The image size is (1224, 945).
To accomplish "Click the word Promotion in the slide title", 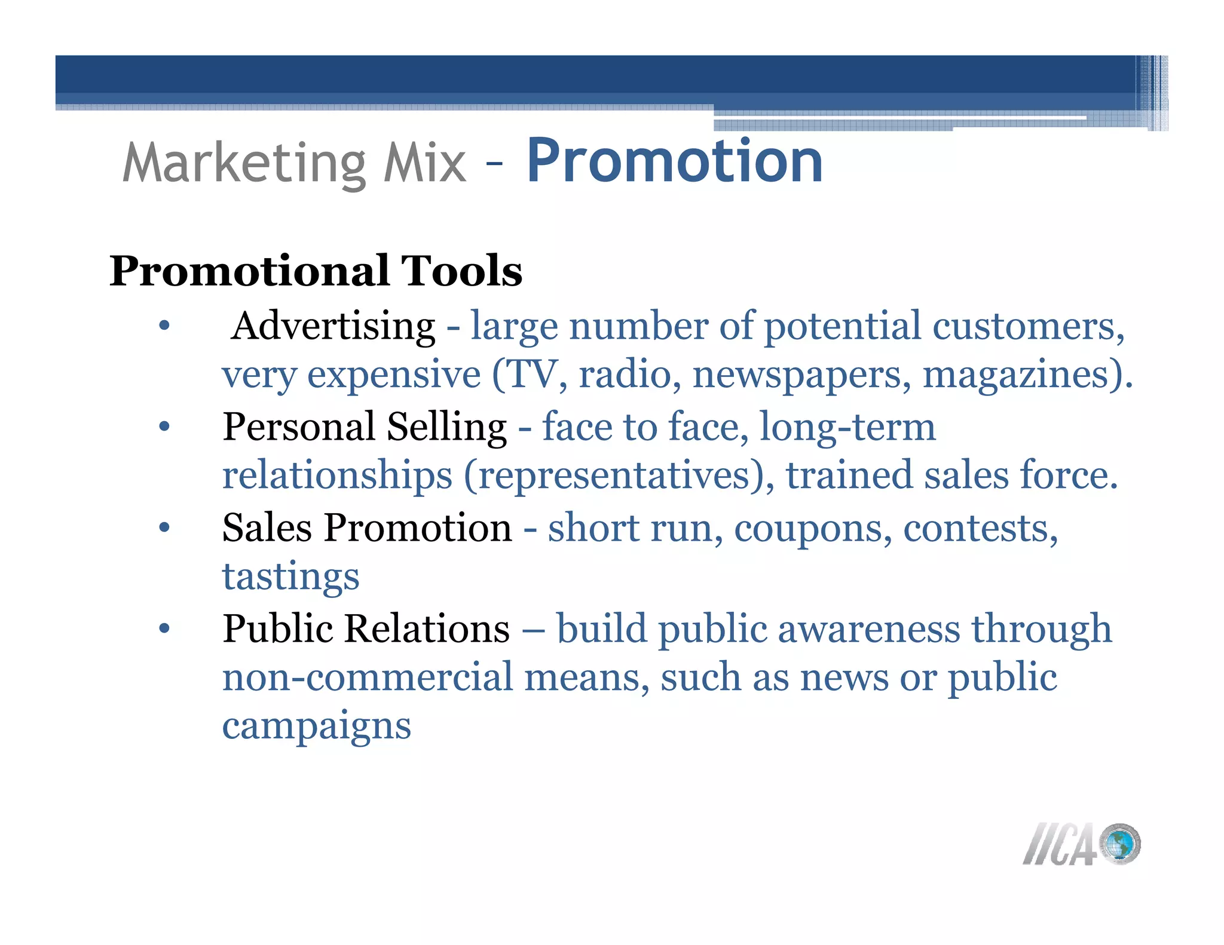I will (x=674, y=161).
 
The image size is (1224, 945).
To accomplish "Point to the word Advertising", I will (x=333, y=327).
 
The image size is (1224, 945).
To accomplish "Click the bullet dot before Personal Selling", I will (x=165, y=427).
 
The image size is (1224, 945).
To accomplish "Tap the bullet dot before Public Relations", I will (x=165, y=628).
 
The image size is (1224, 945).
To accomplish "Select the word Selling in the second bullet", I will (x=446, y=427).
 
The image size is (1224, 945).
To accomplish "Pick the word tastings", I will (x=291, y=577).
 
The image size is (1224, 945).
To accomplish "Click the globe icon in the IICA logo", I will (x=1119, y=844).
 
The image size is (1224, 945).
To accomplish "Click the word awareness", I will (x=869, y=629).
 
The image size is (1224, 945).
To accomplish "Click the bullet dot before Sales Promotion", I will (x=165, y=527).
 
